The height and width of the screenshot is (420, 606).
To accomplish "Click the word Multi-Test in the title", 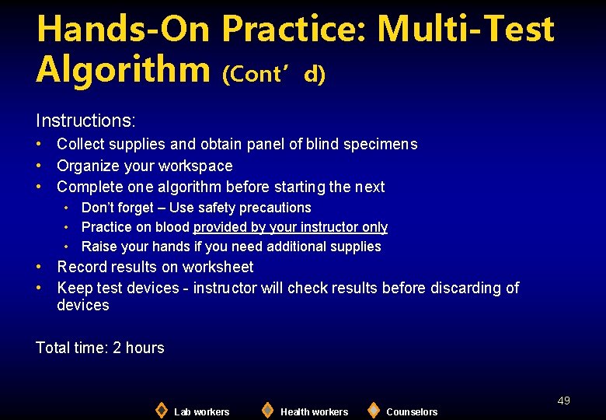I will (465, 30).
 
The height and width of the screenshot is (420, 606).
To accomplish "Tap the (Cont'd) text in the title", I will (273, 74).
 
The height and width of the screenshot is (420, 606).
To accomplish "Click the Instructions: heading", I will (85, 121).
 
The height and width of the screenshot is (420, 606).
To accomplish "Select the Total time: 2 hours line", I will (100, 348).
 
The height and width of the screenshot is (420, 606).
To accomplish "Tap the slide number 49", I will (563, 401).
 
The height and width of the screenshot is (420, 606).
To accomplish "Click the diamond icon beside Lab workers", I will (161, 410).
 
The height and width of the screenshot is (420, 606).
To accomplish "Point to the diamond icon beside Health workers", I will (267, 410).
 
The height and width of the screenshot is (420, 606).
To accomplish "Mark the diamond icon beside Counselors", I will (374, 410).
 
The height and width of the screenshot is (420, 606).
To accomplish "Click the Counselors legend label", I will (412, 411).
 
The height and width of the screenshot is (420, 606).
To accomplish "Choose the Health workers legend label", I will (314, 411).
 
